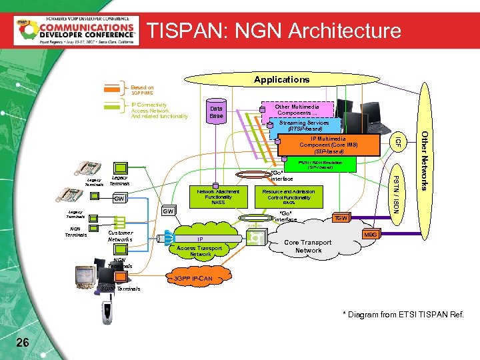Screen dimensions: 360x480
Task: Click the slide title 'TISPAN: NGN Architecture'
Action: (x=274, y=31)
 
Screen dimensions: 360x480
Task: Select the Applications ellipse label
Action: (x=282, y=79)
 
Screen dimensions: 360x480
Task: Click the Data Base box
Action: (x=216, y=112)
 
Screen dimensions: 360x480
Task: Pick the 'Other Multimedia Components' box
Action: (x=298, y=109)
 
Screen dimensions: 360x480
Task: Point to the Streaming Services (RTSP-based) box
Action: (x=304, y=126)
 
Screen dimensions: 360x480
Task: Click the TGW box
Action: (x=341, y=218)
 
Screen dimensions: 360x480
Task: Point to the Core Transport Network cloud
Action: (x=308, y=247)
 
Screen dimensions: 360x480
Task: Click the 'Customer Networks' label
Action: (x=120, y=236)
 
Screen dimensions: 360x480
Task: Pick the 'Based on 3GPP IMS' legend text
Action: (x=142, y=90)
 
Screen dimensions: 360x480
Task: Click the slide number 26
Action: (x=22, y=342)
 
